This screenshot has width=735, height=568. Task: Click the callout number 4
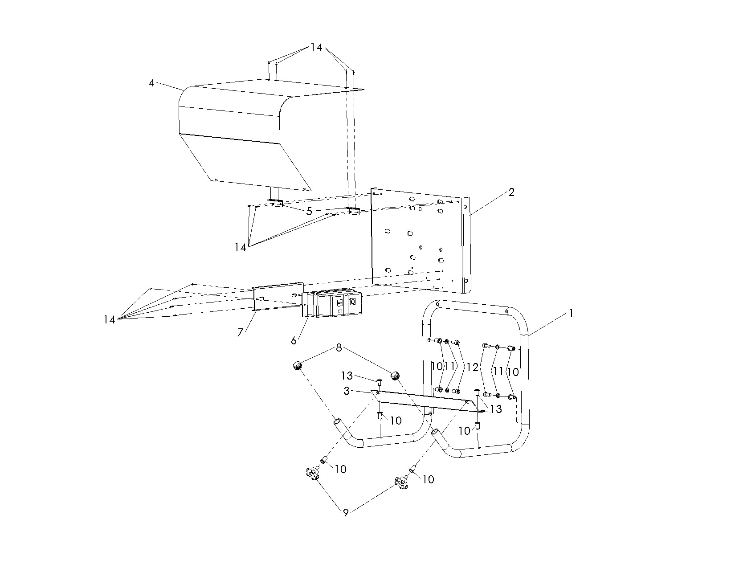tap(151, 83)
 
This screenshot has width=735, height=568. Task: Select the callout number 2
tap(511, 192)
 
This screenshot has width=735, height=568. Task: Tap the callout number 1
tap(571, 313)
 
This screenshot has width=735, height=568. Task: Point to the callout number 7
tap(241, 332)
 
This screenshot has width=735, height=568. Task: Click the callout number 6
tap(294, 341)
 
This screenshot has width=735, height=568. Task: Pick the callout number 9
tap(346, 513)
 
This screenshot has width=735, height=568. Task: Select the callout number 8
tap(339, 348)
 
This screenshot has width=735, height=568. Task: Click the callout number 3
tap(346, 391)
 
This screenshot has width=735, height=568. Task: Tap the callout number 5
tap(309, 211)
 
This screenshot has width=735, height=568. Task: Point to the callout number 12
tap(473, 368)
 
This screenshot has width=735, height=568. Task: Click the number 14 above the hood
tap(316, 47)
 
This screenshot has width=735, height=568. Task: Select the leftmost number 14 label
tap(109, 319)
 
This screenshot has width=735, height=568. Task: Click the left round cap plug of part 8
tap(297, 366)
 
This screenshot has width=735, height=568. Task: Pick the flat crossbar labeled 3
tap(423, 400)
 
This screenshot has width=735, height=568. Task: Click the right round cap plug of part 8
tap(395, 376)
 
